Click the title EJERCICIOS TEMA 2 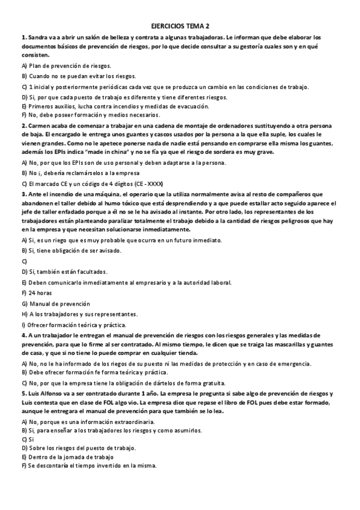(x=180, y=26)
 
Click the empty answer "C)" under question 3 (x=25, y=261)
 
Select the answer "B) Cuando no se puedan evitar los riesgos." (x=79, y=76)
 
